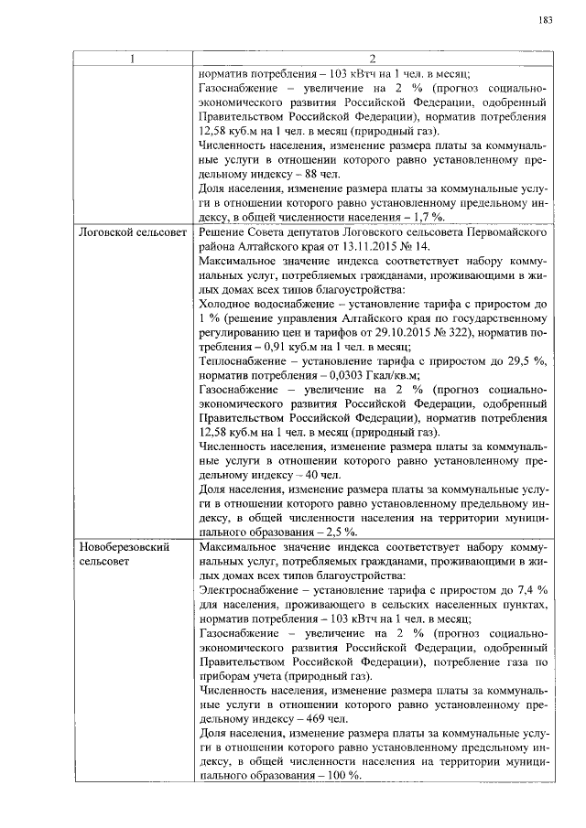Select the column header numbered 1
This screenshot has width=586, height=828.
(x=132, y=59)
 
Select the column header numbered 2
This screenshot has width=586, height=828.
(x=372, y=59)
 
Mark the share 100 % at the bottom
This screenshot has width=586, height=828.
(x=342, y=775)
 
